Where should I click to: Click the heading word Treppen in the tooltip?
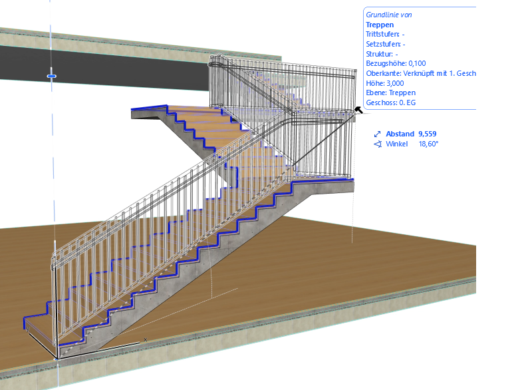380,25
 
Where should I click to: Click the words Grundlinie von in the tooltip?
389,15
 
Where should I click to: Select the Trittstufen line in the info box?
385,35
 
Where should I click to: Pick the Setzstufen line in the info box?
386,44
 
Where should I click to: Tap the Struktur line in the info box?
382,54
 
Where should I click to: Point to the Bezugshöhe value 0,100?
417,63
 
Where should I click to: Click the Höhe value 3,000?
395,83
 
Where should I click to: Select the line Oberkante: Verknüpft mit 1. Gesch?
421,73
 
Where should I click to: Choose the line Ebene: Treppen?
390,93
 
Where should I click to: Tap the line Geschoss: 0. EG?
390,102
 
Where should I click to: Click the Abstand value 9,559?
427,134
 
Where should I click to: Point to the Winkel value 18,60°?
428,144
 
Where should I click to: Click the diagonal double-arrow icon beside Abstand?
377,134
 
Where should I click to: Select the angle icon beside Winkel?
378,144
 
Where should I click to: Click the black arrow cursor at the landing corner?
358,110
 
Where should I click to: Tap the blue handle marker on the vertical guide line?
52,77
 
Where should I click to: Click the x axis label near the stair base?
145,339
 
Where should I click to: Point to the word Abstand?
400,134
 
